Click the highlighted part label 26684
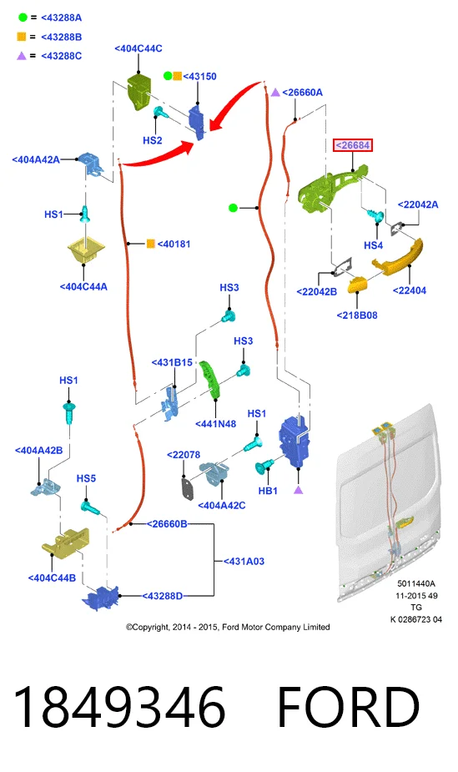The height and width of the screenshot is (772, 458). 353,145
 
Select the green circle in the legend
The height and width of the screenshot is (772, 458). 23,18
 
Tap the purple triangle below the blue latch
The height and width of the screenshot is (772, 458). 298,490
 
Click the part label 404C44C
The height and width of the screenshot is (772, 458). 138,48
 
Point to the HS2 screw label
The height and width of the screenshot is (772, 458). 153,140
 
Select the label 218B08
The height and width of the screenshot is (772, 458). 357,315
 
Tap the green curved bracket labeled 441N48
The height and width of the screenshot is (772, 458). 210,380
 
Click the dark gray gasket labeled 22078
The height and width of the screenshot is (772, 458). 188,488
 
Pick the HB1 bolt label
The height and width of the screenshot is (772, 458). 268,491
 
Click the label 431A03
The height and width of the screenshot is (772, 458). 244,562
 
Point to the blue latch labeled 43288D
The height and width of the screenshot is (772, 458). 101,597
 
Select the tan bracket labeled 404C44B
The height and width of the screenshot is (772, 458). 66,541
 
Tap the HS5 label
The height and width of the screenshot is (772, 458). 86,478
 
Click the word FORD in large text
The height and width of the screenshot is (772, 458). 349,707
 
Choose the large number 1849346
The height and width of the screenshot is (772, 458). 119,707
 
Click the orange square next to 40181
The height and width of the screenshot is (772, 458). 151,244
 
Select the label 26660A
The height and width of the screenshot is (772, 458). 303,92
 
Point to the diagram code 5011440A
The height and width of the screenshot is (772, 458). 416,583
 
